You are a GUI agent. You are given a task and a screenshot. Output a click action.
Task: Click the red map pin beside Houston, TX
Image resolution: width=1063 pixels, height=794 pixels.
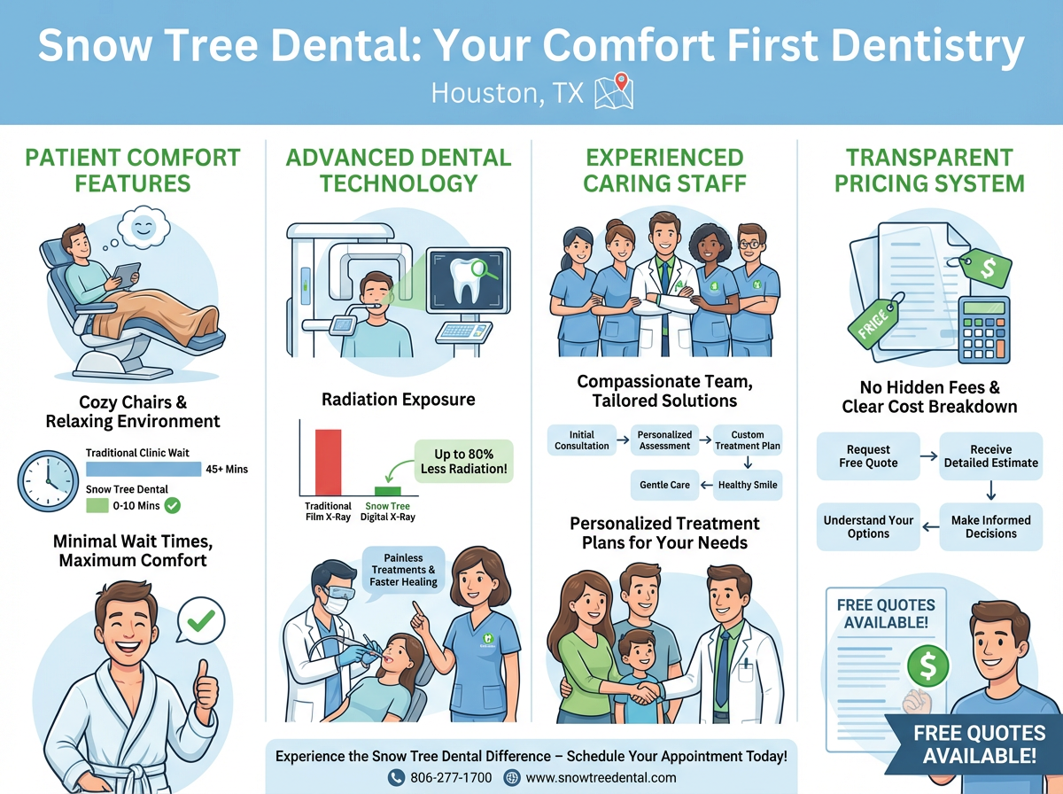pos(622,82)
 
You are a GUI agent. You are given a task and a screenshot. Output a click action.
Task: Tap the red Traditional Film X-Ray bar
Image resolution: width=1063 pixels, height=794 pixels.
pos(328,462)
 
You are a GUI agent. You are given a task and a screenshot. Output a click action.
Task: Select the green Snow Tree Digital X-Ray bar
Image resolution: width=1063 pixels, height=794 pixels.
pos(387,490)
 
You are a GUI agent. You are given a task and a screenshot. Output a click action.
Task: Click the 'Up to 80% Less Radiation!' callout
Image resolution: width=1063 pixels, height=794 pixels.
pos(462,461)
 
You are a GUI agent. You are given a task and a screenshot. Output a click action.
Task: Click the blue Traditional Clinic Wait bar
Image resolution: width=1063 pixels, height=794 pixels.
pos(143,469)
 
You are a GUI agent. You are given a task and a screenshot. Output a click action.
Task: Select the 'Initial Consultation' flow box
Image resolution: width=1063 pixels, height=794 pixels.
pos(582,440)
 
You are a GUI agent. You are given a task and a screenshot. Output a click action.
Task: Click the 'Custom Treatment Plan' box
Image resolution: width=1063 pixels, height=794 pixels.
pos(748,440)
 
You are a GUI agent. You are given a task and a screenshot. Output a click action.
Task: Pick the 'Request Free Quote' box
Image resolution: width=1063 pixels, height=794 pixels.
pos(868,455)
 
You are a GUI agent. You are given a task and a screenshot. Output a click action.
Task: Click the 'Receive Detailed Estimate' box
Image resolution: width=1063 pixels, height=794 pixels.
pos(990,455)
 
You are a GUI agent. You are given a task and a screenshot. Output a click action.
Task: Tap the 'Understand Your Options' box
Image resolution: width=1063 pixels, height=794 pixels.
pos(868,527)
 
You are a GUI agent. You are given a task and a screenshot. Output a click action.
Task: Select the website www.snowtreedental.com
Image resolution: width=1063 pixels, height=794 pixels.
pos(601,777)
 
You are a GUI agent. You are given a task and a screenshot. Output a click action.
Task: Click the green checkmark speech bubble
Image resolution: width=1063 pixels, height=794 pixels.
pos(202,621)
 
